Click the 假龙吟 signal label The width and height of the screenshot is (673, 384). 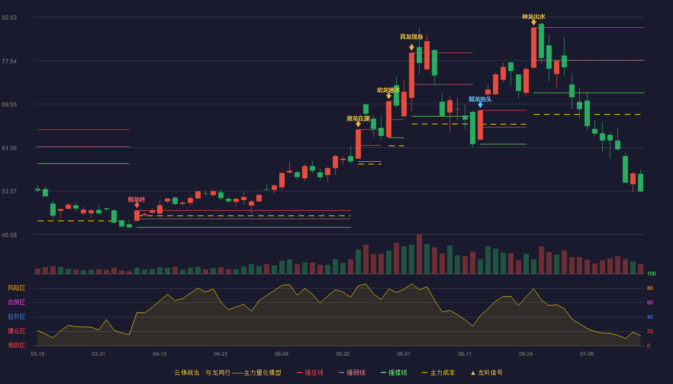(x=137, y=200)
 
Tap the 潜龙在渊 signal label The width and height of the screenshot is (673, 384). (x=358, y=119)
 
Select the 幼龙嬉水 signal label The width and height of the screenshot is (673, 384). (x=388, y=90)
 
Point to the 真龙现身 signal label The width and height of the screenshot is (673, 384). (x=411, y=36)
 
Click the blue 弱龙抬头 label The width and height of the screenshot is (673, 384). (x=480, y=99)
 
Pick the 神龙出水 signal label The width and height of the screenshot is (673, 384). (x=533, y=17)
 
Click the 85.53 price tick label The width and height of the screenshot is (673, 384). (x=9, y=18)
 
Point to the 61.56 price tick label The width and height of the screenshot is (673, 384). (x=9, y=148)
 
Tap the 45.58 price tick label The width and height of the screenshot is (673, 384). (x=9, y=235)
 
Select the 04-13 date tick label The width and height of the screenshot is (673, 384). (x=160, y=354)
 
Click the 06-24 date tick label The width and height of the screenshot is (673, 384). (x=526, y=354)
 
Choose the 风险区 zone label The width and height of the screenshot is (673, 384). (x=16, y=288)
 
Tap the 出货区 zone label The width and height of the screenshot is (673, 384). (x=16, y=302)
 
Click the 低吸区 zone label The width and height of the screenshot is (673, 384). (x=16, y=345)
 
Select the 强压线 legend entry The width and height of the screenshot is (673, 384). (x=310, y=372)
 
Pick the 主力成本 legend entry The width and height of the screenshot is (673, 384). (x=438, y=372)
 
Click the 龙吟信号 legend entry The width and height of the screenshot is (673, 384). (x=486, y=372)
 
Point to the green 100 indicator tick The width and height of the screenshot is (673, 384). (x=651, y=274)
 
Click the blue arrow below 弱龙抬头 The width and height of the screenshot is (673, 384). (x=480, y=105)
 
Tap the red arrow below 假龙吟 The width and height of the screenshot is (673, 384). (x=137, y=205)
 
